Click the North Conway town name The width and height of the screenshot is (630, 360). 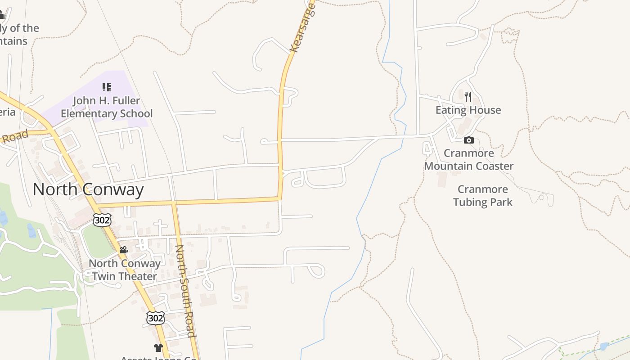(x=88, y=189)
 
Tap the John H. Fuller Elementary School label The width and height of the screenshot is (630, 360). (x=107, y=107)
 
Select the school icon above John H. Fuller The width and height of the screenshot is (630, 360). (x=107, y=87)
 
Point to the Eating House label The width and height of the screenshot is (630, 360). (x=468, y=110)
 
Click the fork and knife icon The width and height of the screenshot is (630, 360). (x=468, y=97)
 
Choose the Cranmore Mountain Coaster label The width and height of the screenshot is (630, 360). (x=468, y=160)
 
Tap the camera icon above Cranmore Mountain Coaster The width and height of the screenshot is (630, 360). (x=468, y=140)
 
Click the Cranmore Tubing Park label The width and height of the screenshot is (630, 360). (x=482, y=196)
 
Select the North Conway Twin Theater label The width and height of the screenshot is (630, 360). (x=125, y=270)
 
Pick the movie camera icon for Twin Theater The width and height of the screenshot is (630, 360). (x=124, y=250)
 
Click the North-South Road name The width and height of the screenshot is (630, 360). (x=185, y=291)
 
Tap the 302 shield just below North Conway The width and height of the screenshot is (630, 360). (x=102, y=220)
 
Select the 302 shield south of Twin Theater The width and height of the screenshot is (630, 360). (x=155, y=318)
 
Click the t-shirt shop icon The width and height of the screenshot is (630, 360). (x=158, y=347)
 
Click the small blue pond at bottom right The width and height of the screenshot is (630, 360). (x=604, y=346)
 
